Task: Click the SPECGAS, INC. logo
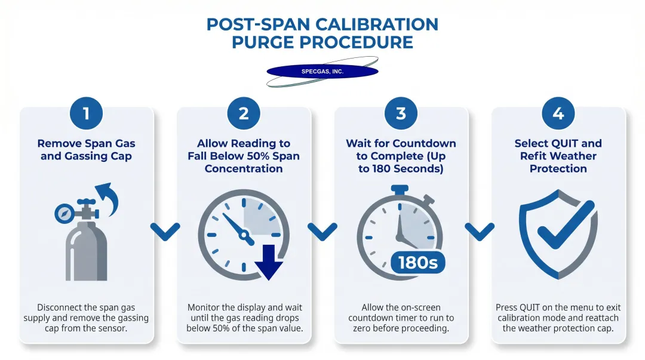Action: coord(322,72)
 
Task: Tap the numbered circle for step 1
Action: coord(86,113)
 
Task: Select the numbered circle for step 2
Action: coord(244,113)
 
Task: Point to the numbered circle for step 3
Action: coord(401,113)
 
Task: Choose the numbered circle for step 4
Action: coord(558,113)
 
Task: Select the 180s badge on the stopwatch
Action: coord(418,263)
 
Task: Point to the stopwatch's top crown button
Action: coord(400,189)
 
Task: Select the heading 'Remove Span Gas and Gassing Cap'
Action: coord(86,150)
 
